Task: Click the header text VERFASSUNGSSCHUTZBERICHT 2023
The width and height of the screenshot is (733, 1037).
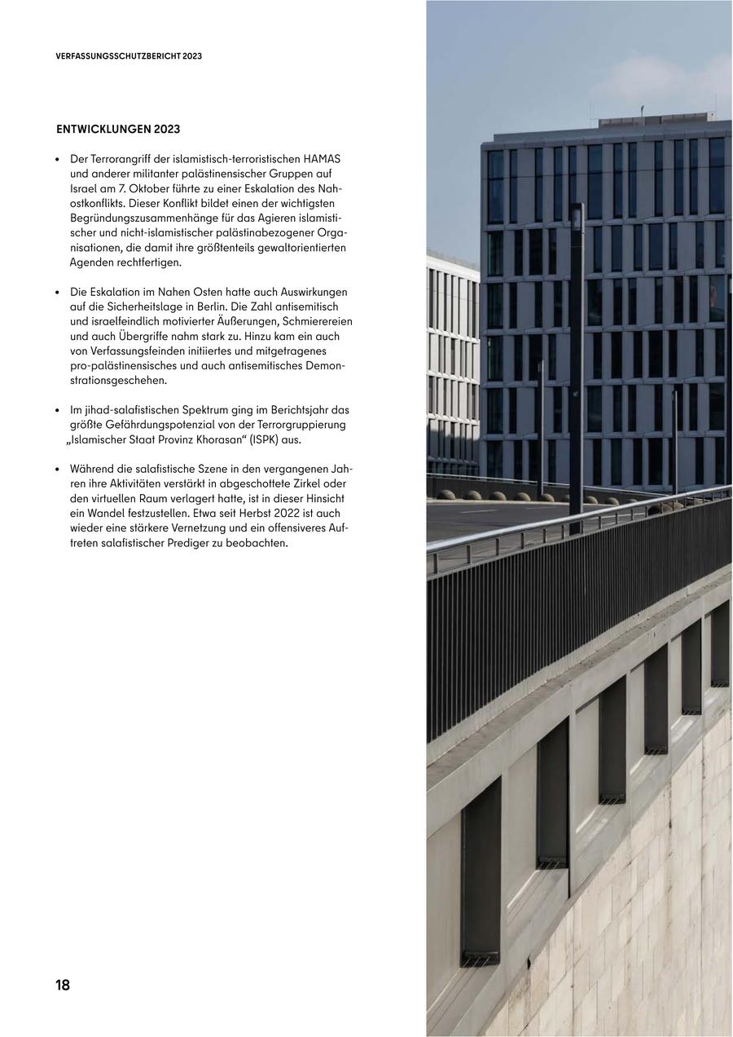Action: pos(129,56)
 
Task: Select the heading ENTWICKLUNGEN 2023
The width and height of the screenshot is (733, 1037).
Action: pos(118,130)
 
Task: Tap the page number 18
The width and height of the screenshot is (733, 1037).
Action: pos(63,985)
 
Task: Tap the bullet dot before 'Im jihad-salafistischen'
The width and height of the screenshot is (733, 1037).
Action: pos(58,411)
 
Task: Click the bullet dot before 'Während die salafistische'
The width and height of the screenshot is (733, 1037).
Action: pos(58,470)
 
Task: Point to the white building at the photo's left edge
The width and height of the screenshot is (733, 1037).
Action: pos(452,367)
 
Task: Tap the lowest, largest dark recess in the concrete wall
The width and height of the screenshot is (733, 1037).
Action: pos(481,872)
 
